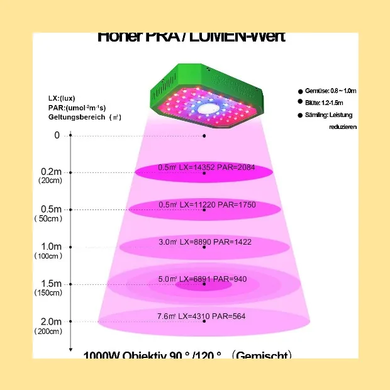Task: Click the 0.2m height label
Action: [51, 172]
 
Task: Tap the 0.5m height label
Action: [51, 209]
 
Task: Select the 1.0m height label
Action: [51, 247]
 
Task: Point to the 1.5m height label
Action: [51, 284]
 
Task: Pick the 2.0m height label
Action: [51, 321]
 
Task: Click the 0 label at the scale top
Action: [57, 135]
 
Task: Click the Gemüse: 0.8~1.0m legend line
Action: [331, 91]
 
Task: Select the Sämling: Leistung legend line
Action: [328, 115]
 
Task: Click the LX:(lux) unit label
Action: [62, 99]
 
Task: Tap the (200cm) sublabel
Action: [48, 331]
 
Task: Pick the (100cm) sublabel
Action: [48, 256]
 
